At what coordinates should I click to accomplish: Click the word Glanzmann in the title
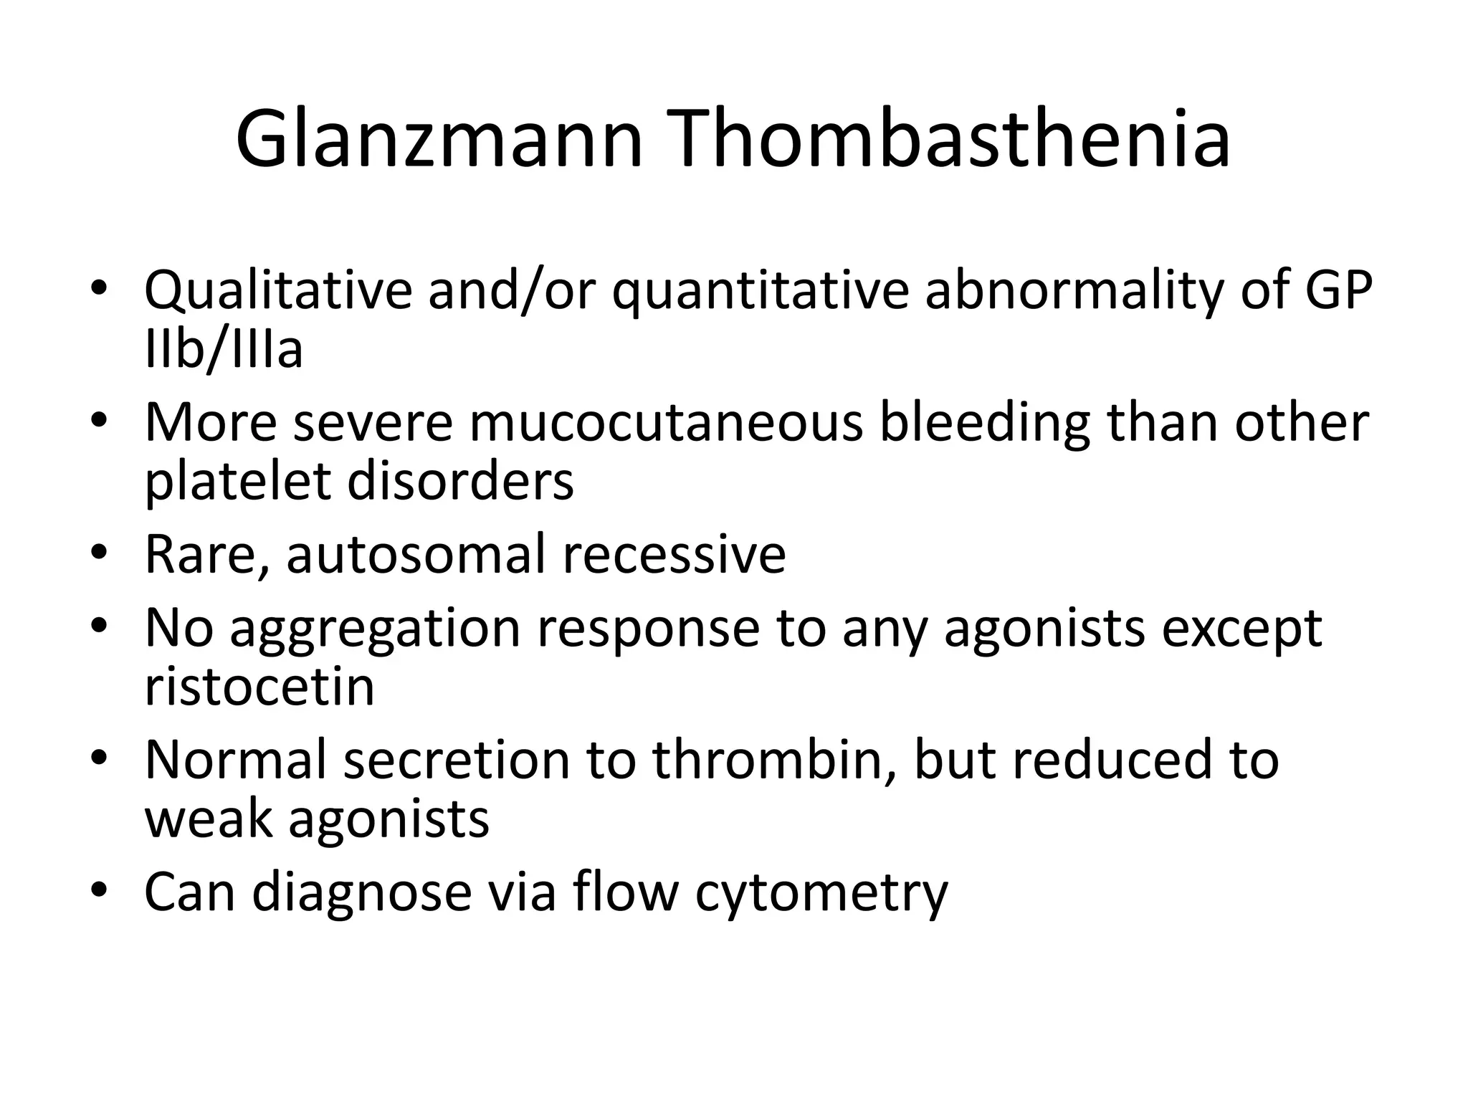point(439,140)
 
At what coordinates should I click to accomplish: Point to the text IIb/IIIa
point(224,349)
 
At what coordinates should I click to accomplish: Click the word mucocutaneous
point(666,422)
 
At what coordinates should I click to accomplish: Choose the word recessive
point(674,555)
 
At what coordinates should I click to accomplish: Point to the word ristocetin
point(259,687)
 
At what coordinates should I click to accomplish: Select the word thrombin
point(774,760)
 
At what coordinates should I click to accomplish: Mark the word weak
point(209,819)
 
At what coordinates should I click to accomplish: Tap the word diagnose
point(362,893)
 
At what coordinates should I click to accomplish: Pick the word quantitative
point(761,290)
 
